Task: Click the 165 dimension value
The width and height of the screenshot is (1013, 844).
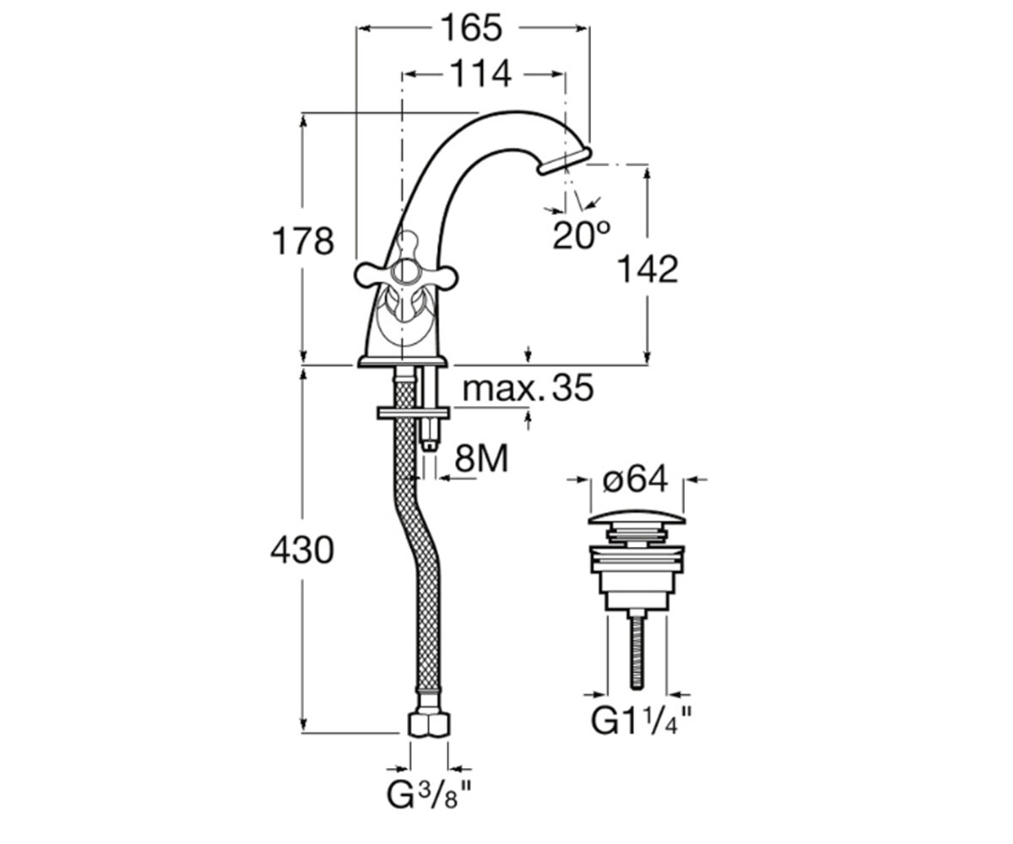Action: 472,28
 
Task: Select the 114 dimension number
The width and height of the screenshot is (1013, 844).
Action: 481,74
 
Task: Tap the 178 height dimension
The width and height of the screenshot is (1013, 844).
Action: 303,241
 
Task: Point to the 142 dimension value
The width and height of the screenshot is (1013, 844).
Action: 647,269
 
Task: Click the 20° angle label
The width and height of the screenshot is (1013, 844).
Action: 582,235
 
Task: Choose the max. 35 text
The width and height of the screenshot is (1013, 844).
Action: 528,388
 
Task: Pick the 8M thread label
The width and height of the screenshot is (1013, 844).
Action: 482,458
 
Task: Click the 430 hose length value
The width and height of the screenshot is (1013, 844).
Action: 301,549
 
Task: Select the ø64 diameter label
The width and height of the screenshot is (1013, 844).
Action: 636,479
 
